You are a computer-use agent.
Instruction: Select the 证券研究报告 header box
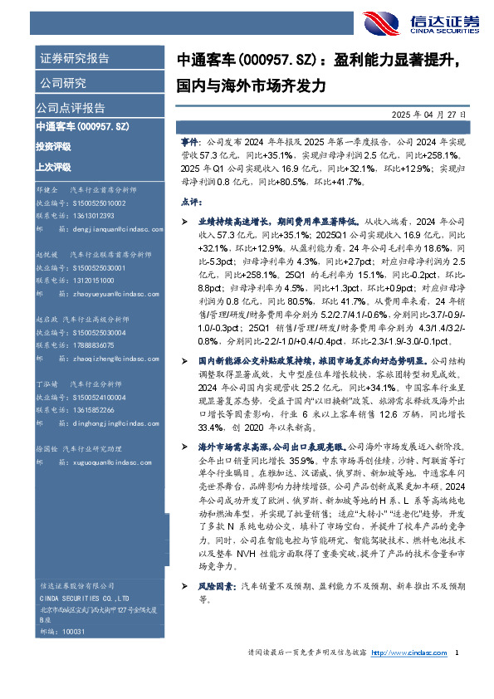[74, 59]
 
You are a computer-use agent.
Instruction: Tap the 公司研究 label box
[63, 83]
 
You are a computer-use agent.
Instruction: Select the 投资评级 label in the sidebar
[53, 146]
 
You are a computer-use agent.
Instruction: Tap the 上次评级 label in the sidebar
[53, 166]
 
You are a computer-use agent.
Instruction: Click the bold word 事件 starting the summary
[189, 143]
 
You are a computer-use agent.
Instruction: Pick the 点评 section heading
[190, 201]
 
